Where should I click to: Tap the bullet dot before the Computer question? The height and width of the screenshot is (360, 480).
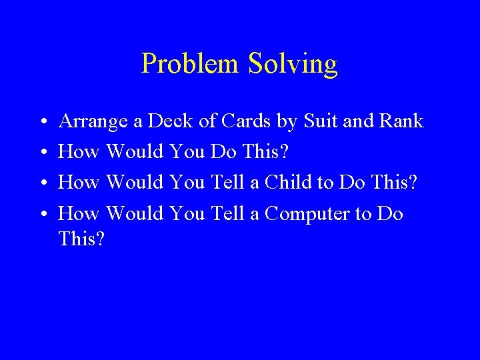click(x=42, y=215)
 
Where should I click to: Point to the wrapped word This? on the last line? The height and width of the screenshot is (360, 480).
click(x=82, y=238)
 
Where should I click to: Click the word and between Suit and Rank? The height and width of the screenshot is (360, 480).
click(x=353, y=121)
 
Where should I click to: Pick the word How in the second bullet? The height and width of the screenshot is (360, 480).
click(x=79, y=152)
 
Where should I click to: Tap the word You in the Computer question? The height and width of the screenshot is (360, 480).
click(x=188, y=213)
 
